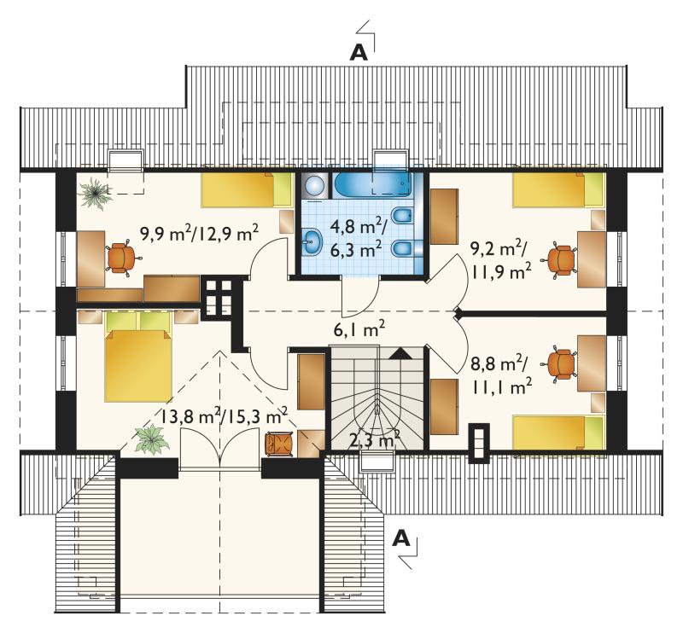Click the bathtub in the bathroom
pos(373,185)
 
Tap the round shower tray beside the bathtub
pos(314,186)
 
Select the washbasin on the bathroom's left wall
pos(311,241)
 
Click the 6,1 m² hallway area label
pos(359,330)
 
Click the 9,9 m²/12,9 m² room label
pos(200,235)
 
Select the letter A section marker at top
pos(359,53)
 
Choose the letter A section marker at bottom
pos(401,539)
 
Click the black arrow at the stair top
pos(400,353)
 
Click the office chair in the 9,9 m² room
pos(123,258)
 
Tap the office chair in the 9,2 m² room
pos(559,259)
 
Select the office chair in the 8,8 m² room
pos(559,364)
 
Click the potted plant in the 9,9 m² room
pos(95,193)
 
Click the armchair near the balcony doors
pos(279,444)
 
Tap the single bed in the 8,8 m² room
pos(559,432)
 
